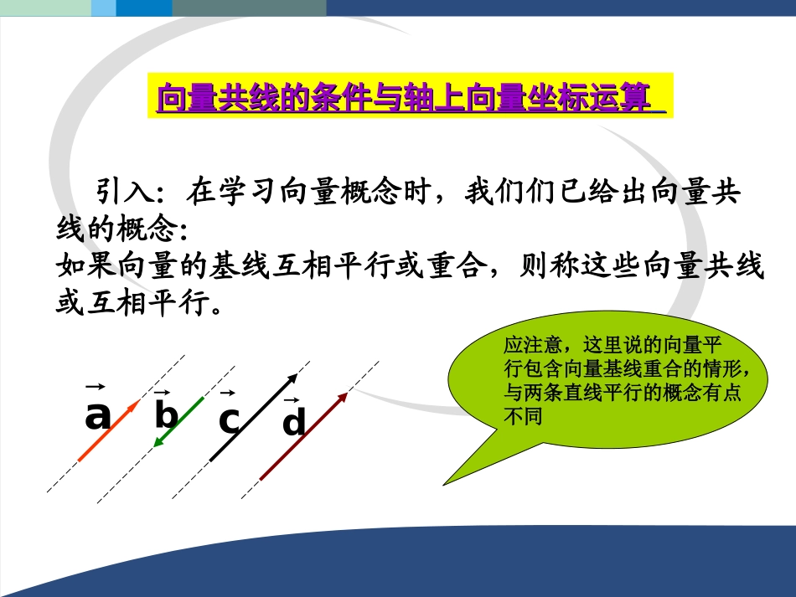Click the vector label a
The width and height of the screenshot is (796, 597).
(98, 415)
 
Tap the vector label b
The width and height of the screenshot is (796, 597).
(166, 415)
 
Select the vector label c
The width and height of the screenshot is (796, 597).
(228, 420)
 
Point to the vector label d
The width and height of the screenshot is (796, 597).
(293, 423)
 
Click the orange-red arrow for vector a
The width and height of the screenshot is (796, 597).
(108, 430)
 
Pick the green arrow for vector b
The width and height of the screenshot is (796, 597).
(179, 422)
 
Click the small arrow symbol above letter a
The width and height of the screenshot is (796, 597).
(95, 386)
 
